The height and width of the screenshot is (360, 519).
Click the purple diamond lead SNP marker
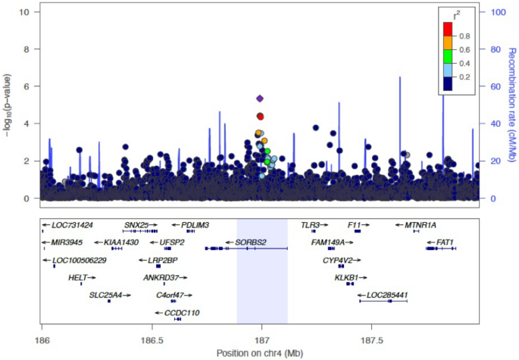pos(260,99)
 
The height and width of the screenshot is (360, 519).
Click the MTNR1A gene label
pos(421,225)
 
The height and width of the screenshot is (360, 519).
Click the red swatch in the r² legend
pos(448,28)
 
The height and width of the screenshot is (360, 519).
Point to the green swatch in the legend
pos(448,55)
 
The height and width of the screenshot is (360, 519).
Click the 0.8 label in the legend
pos(463,36)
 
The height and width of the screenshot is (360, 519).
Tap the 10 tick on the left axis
pos(25,12)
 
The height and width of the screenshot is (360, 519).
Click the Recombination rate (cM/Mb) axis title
pos(511,105)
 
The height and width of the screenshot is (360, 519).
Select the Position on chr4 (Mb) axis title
pos(261,353)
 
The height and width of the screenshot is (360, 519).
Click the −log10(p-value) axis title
pos(7,105)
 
